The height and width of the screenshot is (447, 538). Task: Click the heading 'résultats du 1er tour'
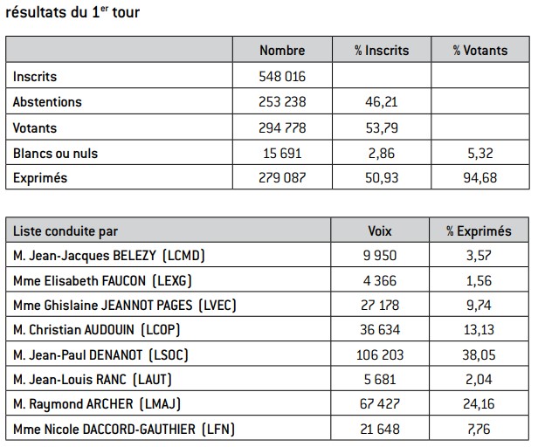[x=72, y=12]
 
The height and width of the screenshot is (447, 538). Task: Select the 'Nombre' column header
[x=282, y=51]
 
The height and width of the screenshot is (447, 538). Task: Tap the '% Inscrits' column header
[x=382, y=51]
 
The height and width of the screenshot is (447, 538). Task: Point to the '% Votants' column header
[x=479, y=51]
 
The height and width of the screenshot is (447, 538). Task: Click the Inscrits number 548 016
[x=282, y=77]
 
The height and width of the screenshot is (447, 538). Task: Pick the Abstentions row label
[x=47, y=102]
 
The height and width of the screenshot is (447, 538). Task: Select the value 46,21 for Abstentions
[x=382, y=102]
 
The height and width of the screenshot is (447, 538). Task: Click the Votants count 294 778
[x=282, y=128]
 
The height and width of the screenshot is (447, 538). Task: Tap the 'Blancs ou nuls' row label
[x=55, y=154]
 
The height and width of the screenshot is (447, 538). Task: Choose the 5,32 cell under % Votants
[x=479, y=154]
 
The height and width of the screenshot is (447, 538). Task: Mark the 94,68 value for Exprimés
[x=479, y=179]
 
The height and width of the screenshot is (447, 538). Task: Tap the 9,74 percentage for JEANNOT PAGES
[x=479, y=306]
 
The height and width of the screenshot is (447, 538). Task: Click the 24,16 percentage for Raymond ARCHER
[x=479, y=405]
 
